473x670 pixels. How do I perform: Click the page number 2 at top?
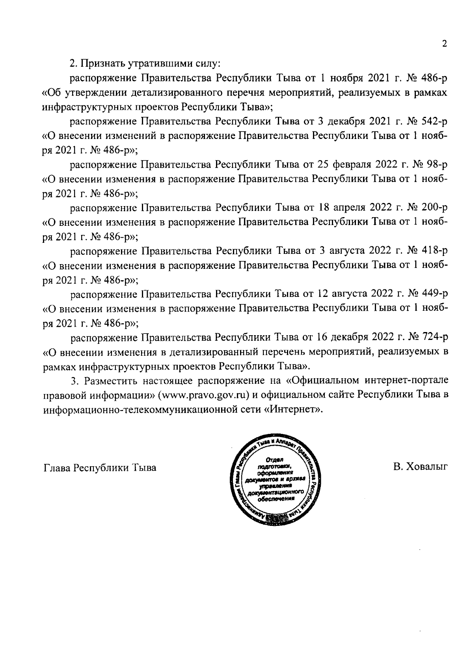click(444, 44)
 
